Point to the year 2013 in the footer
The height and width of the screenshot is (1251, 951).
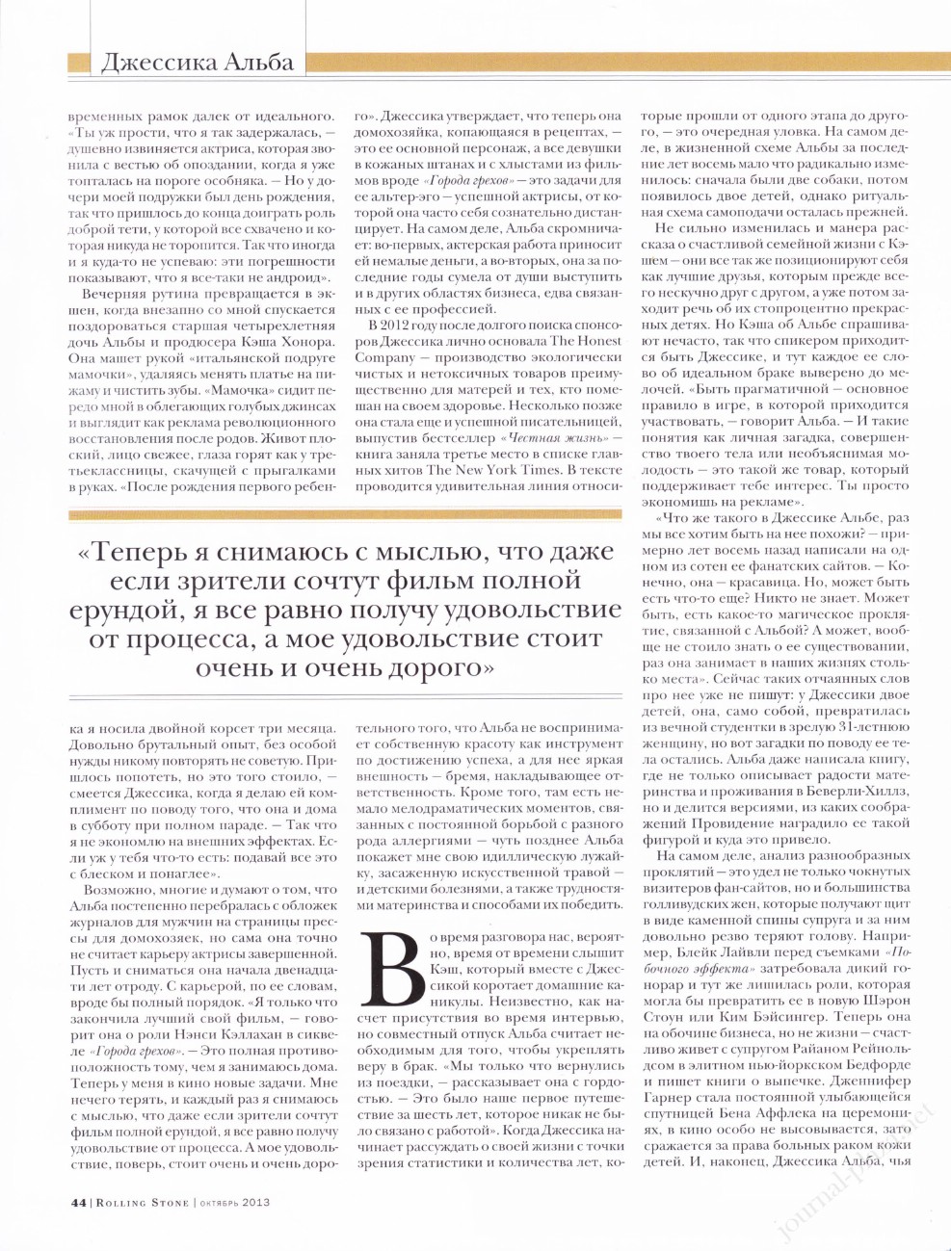255,1201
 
